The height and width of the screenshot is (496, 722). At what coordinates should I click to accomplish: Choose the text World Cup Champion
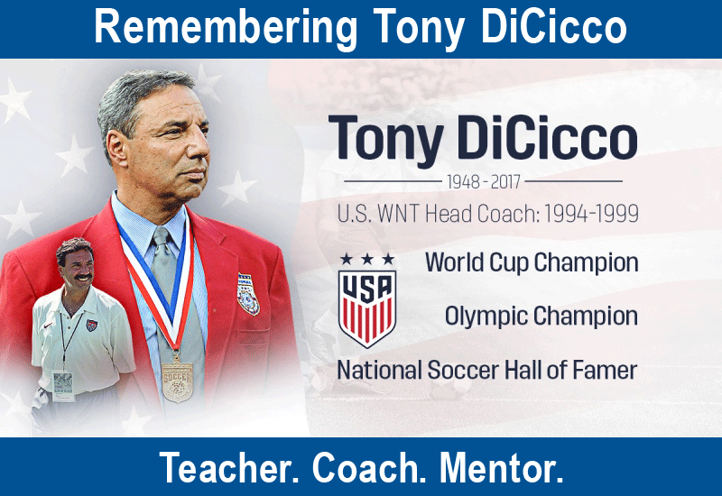[532, 262]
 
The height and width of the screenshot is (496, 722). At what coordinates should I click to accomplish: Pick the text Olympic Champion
[541, 317]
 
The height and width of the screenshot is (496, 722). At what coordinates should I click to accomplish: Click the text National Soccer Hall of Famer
[487, 370]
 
